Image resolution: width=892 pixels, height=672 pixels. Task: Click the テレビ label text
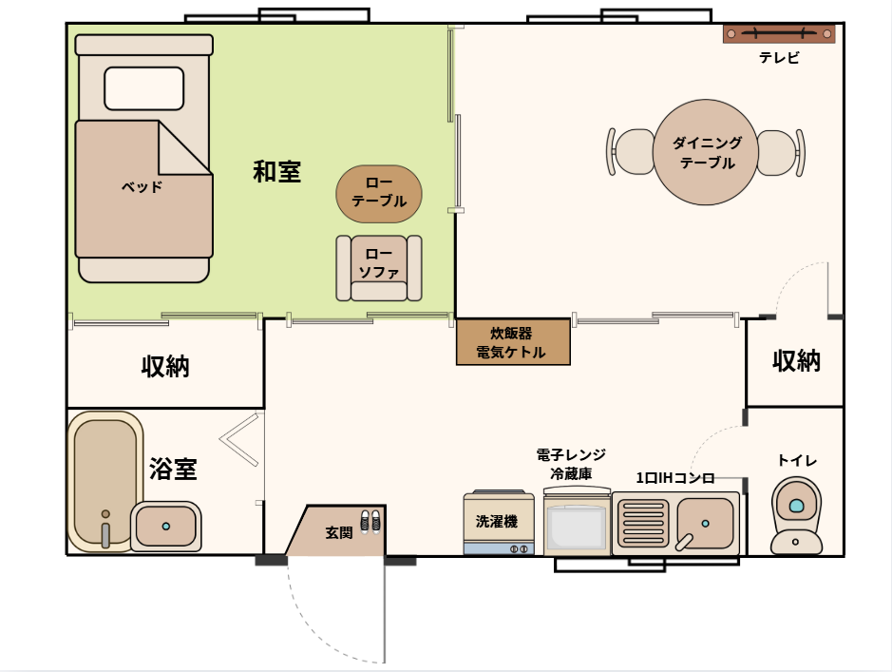pos(779,58)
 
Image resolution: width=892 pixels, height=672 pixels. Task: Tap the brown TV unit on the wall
pos(778,34)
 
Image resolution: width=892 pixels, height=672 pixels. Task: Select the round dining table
pos(703,153)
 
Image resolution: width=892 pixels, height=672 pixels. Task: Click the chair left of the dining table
pos(629,152)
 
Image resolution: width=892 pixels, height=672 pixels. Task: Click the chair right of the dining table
pos(778,152)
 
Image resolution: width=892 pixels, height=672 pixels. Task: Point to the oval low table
pos(379,193)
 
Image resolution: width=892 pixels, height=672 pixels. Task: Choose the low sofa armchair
pos(378,268)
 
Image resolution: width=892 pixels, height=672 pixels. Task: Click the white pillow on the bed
pos(143,88)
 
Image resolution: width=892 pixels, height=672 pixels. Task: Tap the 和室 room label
pos(276,172)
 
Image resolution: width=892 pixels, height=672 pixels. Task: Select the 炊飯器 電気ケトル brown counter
pos(513,342)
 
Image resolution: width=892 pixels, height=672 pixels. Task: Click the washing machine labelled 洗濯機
pos(498,524)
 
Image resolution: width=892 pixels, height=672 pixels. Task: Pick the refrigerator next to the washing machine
pos(577,525)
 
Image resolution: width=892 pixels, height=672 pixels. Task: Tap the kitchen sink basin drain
pos(706,523)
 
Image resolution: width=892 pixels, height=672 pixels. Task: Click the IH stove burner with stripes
pos(643,524)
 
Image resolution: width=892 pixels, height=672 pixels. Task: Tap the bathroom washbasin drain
pos(166,526)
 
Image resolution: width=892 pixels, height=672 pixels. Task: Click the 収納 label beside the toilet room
pos(795,361)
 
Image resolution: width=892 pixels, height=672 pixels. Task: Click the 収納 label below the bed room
pos(165,366)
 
